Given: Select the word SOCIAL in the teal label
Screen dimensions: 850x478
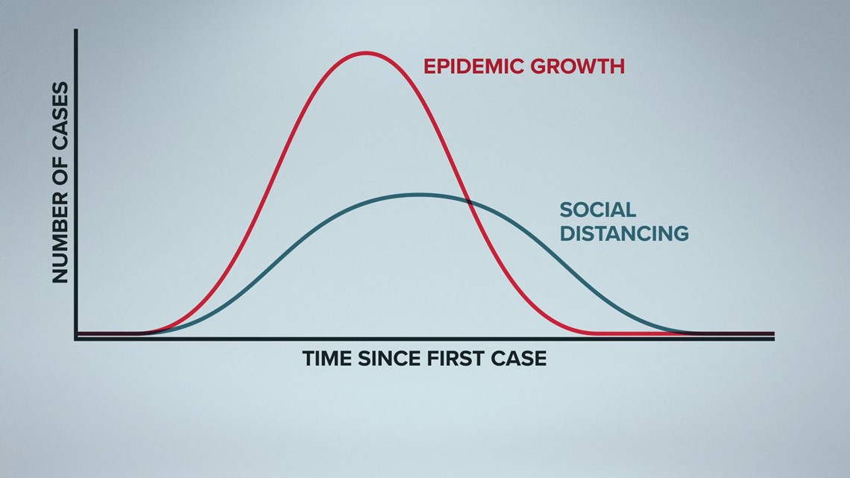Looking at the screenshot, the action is tap(597, 210).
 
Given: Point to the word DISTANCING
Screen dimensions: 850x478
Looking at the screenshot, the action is tap(624, 233).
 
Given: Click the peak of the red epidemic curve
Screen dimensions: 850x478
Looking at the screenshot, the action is tap(366, 52).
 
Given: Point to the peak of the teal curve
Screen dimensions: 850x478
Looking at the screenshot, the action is tap(418, 194).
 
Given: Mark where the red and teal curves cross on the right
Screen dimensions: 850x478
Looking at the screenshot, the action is tap(467, 201).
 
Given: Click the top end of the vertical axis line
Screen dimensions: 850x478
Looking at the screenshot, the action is tap(76, 30).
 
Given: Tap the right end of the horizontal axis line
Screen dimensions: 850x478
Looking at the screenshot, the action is tap(774, 339).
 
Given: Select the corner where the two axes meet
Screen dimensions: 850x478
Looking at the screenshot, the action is tap(76, 339).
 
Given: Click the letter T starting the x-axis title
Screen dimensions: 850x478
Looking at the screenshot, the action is tap(309, 359).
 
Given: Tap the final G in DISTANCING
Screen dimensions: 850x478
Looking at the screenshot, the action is tap(680, 233).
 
